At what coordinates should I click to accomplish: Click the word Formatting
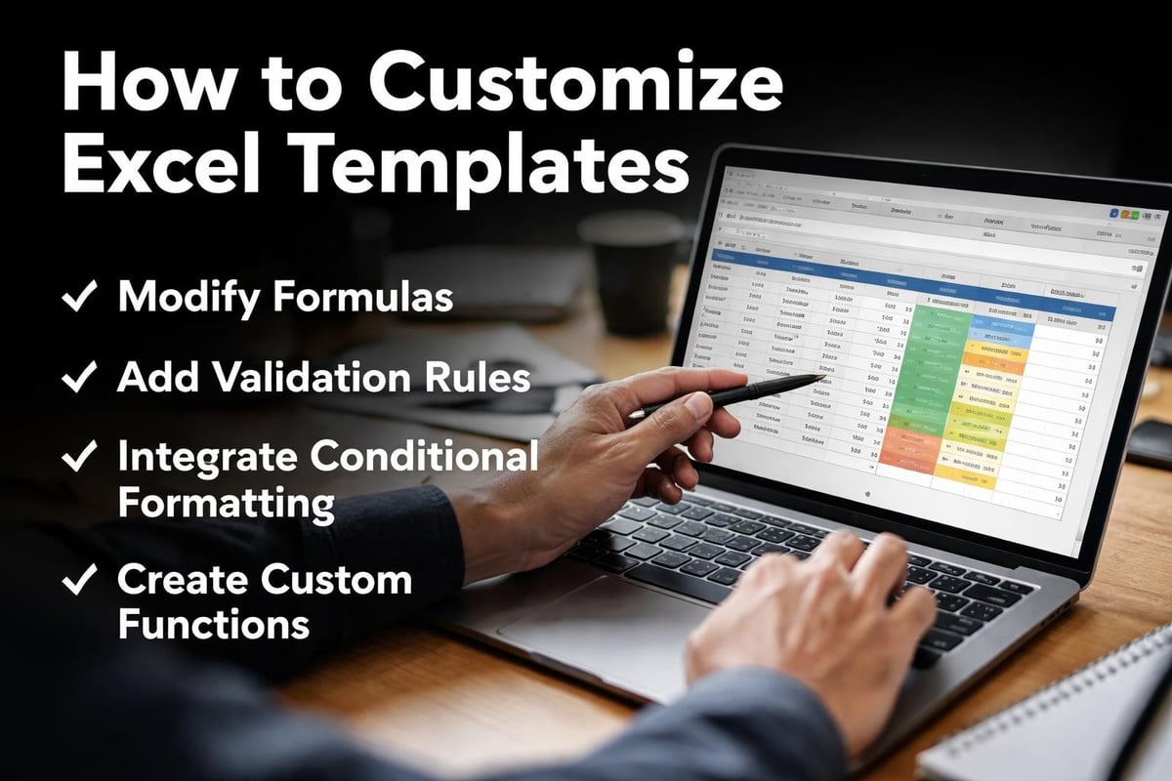point(227,505)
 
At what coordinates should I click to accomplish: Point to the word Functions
point(214,625)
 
